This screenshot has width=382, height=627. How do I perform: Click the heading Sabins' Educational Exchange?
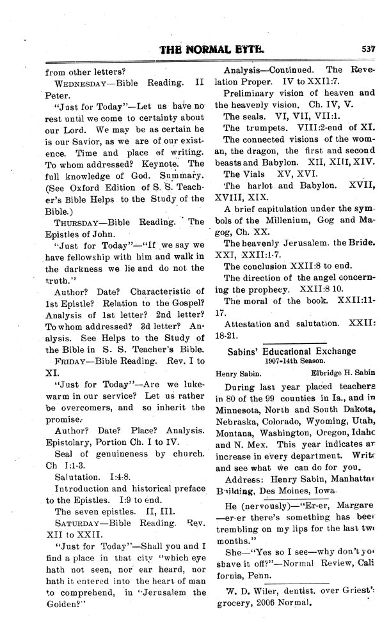coord(296,351)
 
